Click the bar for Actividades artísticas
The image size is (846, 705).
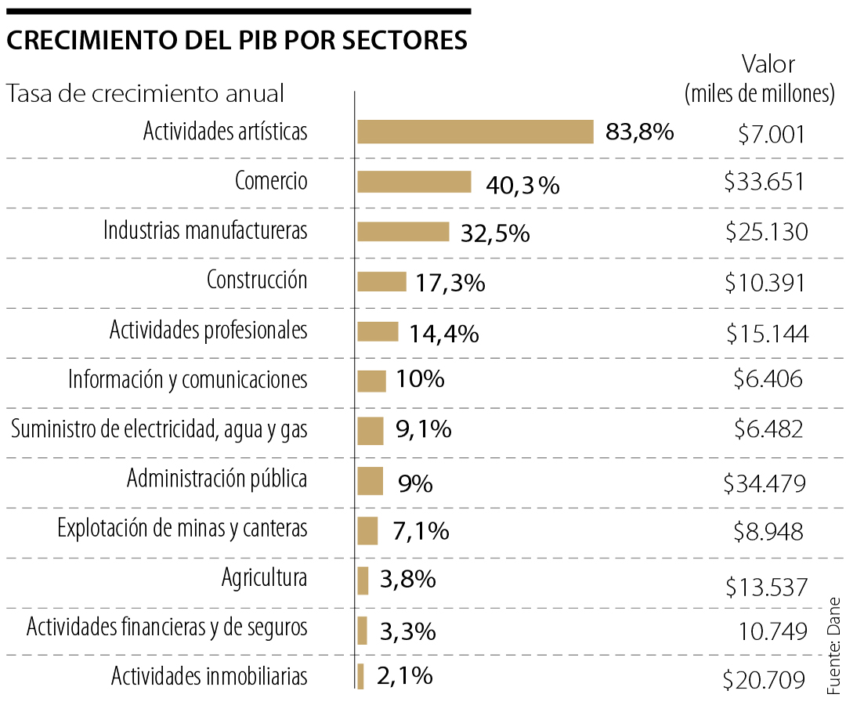475,132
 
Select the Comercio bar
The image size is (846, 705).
414,182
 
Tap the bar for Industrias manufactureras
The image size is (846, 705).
403,232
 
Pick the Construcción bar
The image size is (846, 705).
382,281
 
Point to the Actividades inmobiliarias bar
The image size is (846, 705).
361,676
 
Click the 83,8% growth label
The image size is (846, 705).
639,132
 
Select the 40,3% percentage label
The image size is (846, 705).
522,185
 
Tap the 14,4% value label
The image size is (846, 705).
443,334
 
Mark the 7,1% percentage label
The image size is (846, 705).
421,531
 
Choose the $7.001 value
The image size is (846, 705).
771,136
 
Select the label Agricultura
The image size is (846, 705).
264,579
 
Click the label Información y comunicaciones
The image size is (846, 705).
188,380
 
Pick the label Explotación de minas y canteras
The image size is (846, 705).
183,529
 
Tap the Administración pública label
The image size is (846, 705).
217,479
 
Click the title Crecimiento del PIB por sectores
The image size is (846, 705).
237,41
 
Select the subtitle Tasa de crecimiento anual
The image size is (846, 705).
146,94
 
